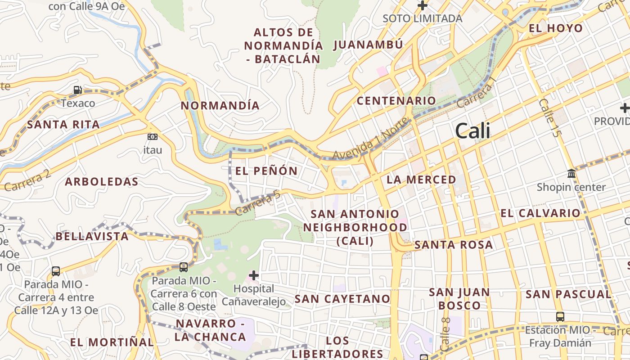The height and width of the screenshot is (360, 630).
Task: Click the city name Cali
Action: (x=472, y=131)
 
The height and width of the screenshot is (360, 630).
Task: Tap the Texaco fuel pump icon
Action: (x=78, y=90)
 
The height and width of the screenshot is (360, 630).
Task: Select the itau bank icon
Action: (x=153, y=136)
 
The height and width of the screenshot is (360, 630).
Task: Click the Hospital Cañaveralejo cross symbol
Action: (x=254, y=275)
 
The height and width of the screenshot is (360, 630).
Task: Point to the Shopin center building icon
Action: (x=571, y=173)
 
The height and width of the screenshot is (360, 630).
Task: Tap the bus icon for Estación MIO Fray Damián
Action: (x=560, y=316)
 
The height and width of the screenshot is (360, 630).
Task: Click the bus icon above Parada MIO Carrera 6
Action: (x=184, y=267)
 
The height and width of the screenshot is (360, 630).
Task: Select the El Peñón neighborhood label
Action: (x=266, y=171)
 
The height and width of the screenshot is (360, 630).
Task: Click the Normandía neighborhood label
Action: (x=220, y=106)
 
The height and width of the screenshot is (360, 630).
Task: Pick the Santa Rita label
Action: (x=63, y=125)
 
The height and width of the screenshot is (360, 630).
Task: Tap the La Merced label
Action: (x=422, y=180)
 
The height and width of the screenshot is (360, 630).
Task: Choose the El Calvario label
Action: (x=540, y=213)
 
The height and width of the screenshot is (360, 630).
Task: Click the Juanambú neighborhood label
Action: (x=368, y=45)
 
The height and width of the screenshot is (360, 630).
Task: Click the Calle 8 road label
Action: (x=445, y=334)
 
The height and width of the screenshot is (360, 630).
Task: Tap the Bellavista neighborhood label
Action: (x=92, y=236)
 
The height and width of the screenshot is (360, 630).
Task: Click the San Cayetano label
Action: (x=342, y=299)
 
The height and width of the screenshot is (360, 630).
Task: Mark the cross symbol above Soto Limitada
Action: (x=422, y=5)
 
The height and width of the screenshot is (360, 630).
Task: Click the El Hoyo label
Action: (x=556, y=28)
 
